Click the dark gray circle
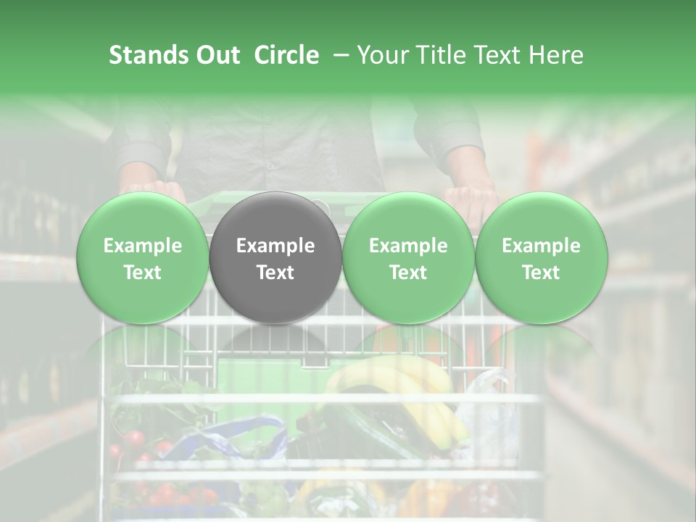pyautogui.click(x=275, y=257)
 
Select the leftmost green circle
pyautogui.click(x=143, y=257)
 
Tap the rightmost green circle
pyautogui.click(x=541, y=257)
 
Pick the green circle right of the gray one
pyautogui.click(x=408, y=257)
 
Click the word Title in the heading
pyautogui.click(x=441, y=55)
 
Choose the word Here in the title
pyautogui.click(x=555, y=55)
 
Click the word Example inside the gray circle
pyautogui.click(x=275, y=246)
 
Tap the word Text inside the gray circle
pyautogui.click(x=275, y=272)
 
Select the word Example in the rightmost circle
pyautogui.click(x=541, y=246)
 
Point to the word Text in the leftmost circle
pyautogui.click(x=143, y=272)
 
